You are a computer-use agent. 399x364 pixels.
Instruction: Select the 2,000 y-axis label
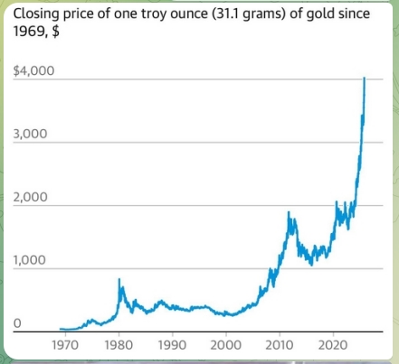[x=31, y=197]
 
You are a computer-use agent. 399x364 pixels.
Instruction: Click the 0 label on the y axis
[x=17, y=322]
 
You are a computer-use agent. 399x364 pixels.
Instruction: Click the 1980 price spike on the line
[x=119, y=280]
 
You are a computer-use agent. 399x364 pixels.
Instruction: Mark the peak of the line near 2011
[x=289, y=213]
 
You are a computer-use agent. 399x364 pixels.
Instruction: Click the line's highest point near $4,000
[x=364, y=79]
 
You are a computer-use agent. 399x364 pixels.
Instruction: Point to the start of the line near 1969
[x=60, y=329]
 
